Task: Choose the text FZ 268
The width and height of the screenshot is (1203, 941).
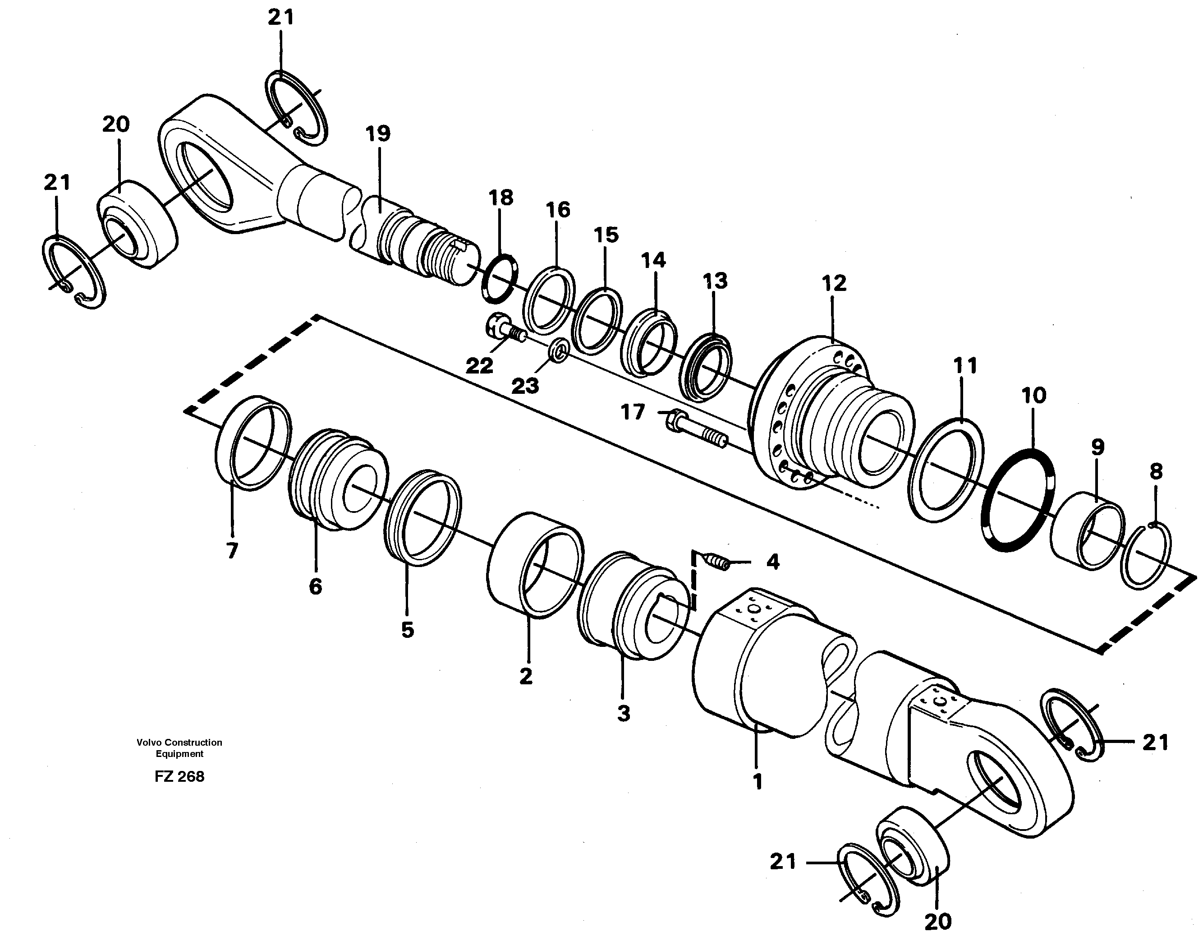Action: (x=179, y=777)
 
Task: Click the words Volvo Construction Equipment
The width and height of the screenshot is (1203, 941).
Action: (x=179, y=748)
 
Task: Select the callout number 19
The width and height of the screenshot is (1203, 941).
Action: (x=378, y=134)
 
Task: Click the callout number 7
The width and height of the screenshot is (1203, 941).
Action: (x=232, y=550)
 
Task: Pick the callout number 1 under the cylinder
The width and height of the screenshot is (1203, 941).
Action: (x=758, y=782)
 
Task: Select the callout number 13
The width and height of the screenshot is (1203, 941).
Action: (x=715, y=281)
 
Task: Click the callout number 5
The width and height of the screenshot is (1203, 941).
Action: (x=407, y=630)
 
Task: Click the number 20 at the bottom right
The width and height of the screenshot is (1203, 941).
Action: (x=937, y=921)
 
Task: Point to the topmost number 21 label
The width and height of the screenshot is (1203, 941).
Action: (x=281, y=18)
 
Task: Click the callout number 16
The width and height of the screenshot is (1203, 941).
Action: (x=557, y=210)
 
